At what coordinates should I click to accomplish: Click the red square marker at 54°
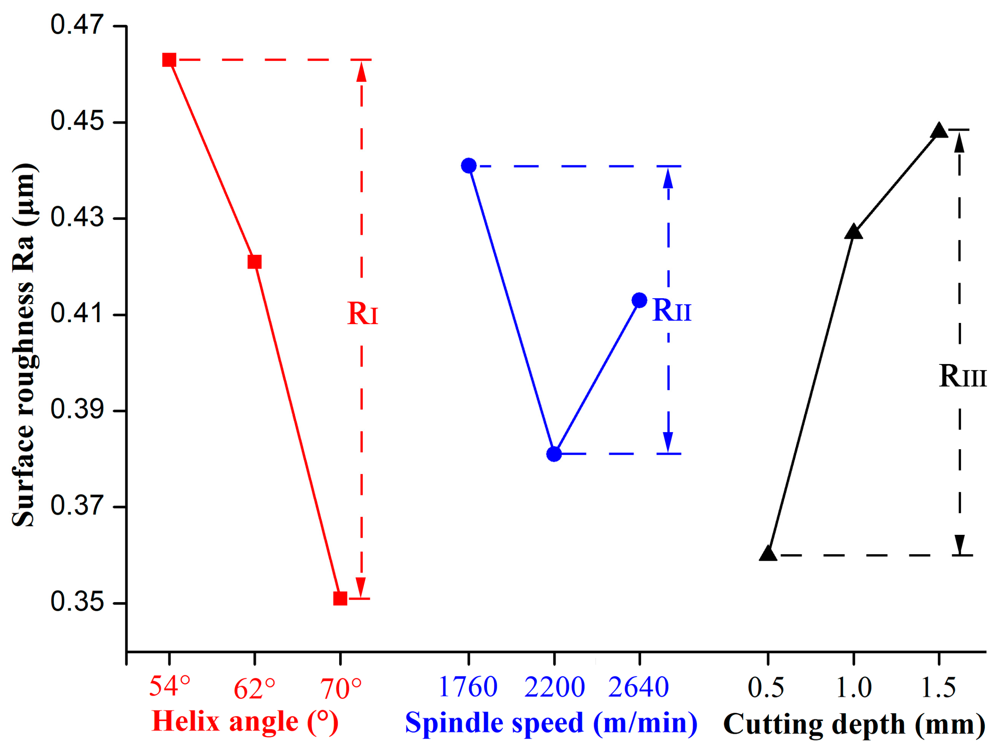click(x=169, y=60)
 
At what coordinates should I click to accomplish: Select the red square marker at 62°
click(x=254, y=262)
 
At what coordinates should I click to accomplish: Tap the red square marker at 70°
click(x=340, y=599)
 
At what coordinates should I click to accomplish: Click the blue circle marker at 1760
click(x=469, y=166)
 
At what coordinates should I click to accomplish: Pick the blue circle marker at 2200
click(x=554, y=454)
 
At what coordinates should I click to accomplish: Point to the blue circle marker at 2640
click(x=639, y=300)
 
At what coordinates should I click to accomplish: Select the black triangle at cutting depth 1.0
click(x=853, y=232)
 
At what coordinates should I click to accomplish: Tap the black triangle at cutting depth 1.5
click(x=939, y=131)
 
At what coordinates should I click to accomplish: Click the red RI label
click(x=362, y=313)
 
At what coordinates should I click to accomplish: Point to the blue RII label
click(x=672, y=310)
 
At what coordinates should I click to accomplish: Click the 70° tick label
click(x=341, y=689)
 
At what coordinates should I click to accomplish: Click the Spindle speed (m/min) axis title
click(x=551, y=722)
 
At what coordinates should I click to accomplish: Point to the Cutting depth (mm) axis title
click(x=854, y=724)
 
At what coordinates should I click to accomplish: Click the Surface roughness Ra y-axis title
click(x=24, y=345)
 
